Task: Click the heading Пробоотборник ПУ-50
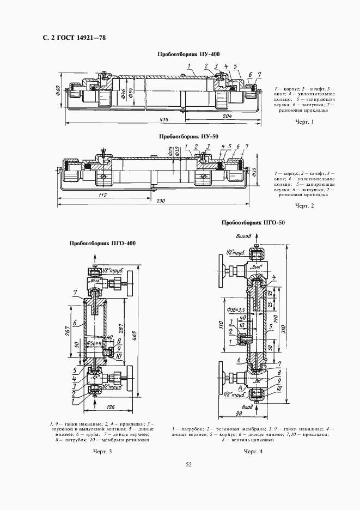point(188,137)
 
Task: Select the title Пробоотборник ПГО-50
point(253,222)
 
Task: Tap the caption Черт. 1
point(305,121)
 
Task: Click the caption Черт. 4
point(253,451)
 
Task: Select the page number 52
point(188,465)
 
